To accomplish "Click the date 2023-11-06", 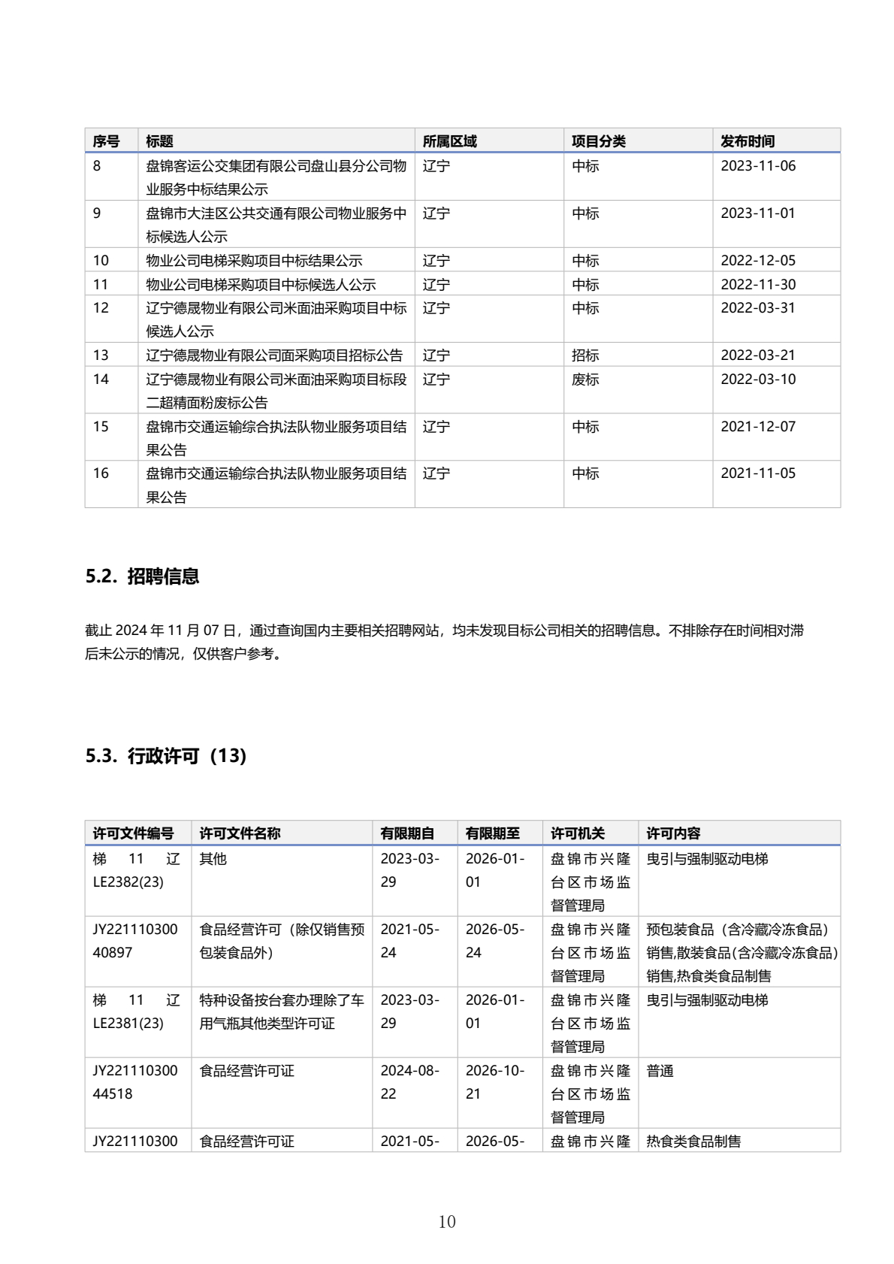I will coord(757,166).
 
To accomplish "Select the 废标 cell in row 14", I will coord(585,380).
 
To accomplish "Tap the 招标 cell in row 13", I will coord(585,355).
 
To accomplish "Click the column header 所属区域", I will coord(449,141).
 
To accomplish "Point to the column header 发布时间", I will coord(747,141).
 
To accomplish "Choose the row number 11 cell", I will coord(101,285).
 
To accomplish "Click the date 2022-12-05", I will coord(757,261).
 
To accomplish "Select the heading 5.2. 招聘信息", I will coord(142,576).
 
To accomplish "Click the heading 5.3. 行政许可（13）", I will coord(166,756).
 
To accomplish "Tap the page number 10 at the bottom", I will coord(447,1221).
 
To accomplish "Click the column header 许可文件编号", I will coord(133,833).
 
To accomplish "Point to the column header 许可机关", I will coord(577,833).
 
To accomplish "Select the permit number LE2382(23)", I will coord(128,882).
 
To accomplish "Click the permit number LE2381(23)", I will coord(128,1024).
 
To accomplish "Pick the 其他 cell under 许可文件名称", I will coord(213,859).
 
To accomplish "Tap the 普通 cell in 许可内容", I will coord(660,1071).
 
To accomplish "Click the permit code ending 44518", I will coord(113,1094).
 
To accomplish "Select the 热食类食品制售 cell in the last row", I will coord(693,1142).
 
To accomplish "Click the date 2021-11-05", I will coord(757,473).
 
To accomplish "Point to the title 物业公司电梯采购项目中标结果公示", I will coord(254,261).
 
